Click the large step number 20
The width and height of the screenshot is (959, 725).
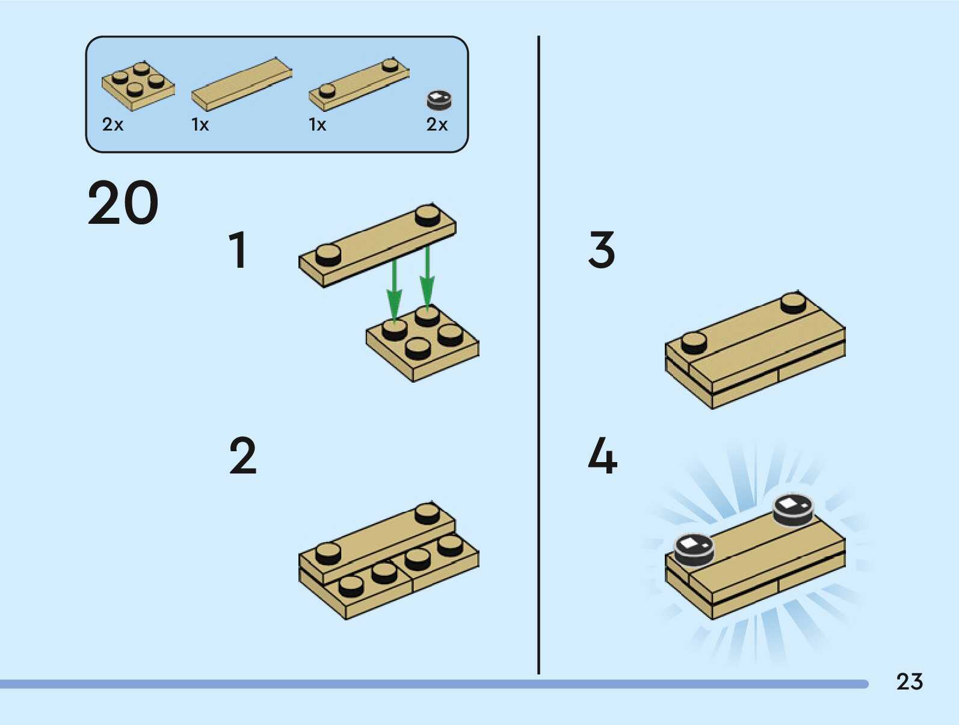tap(123, 203)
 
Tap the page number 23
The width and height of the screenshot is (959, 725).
tap(910, 682)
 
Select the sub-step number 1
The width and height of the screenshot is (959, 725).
tap(239, 250)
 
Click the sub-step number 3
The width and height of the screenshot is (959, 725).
tap(602, 250)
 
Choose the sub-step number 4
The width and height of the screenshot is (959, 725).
tap(602, 455)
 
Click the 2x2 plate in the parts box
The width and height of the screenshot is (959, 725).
tap(138, 85)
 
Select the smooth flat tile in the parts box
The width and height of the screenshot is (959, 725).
tap(242, 84)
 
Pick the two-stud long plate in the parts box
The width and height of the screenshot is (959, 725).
tap(359, 84)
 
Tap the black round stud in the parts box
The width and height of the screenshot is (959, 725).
tap(439, 100)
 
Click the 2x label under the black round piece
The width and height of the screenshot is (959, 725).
tap(437, 125)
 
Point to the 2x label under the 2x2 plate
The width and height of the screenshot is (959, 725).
tap(113, 125)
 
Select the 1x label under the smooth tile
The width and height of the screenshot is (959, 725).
tap(200, 125)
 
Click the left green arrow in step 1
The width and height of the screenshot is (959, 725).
tap(394, 291)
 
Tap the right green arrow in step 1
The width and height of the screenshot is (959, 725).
tap(427, 277)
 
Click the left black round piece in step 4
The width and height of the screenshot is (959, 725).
tap(694, 550)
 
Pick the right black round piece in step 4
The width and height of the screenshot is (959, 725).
tap(794, 510)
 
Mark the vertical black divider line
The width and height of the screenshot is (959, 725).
tap(538, 354)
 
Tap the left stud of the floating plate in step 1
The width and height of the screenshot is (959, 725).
tap(328, 255)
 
